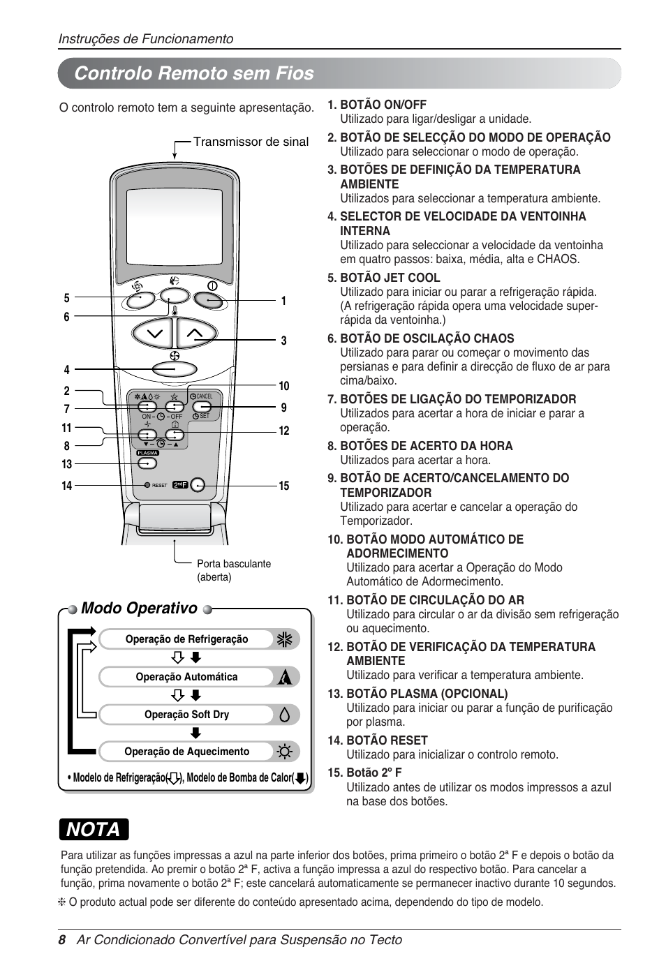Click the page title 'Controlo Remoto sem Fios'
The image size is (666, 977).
click(194, 73)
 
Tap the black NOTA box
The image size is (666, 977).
click(94, 829)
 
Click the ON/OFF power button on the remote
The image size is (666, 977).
click(209, 300)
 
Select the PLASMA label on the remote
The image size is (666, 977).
click(147, 453)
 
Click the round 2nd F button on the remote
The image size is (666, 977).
click(198, 485)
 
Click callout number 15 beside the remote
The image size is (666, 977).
click(284, 486)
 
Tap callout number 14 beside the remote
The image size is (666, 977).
click(66, 486)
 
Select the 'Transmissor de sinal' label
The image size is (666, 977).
click(251, 142)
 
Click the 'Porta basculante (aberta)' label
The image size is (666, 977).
click(233, 570)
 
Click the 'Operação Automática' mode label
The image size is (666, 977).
click(186, 677)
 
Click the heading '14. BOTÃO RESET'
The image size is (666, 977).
click(377, 740)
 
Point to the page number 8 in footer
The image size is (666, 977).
click(61, 940)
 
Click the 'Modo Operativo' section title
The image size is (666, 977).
click(139, 608)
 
